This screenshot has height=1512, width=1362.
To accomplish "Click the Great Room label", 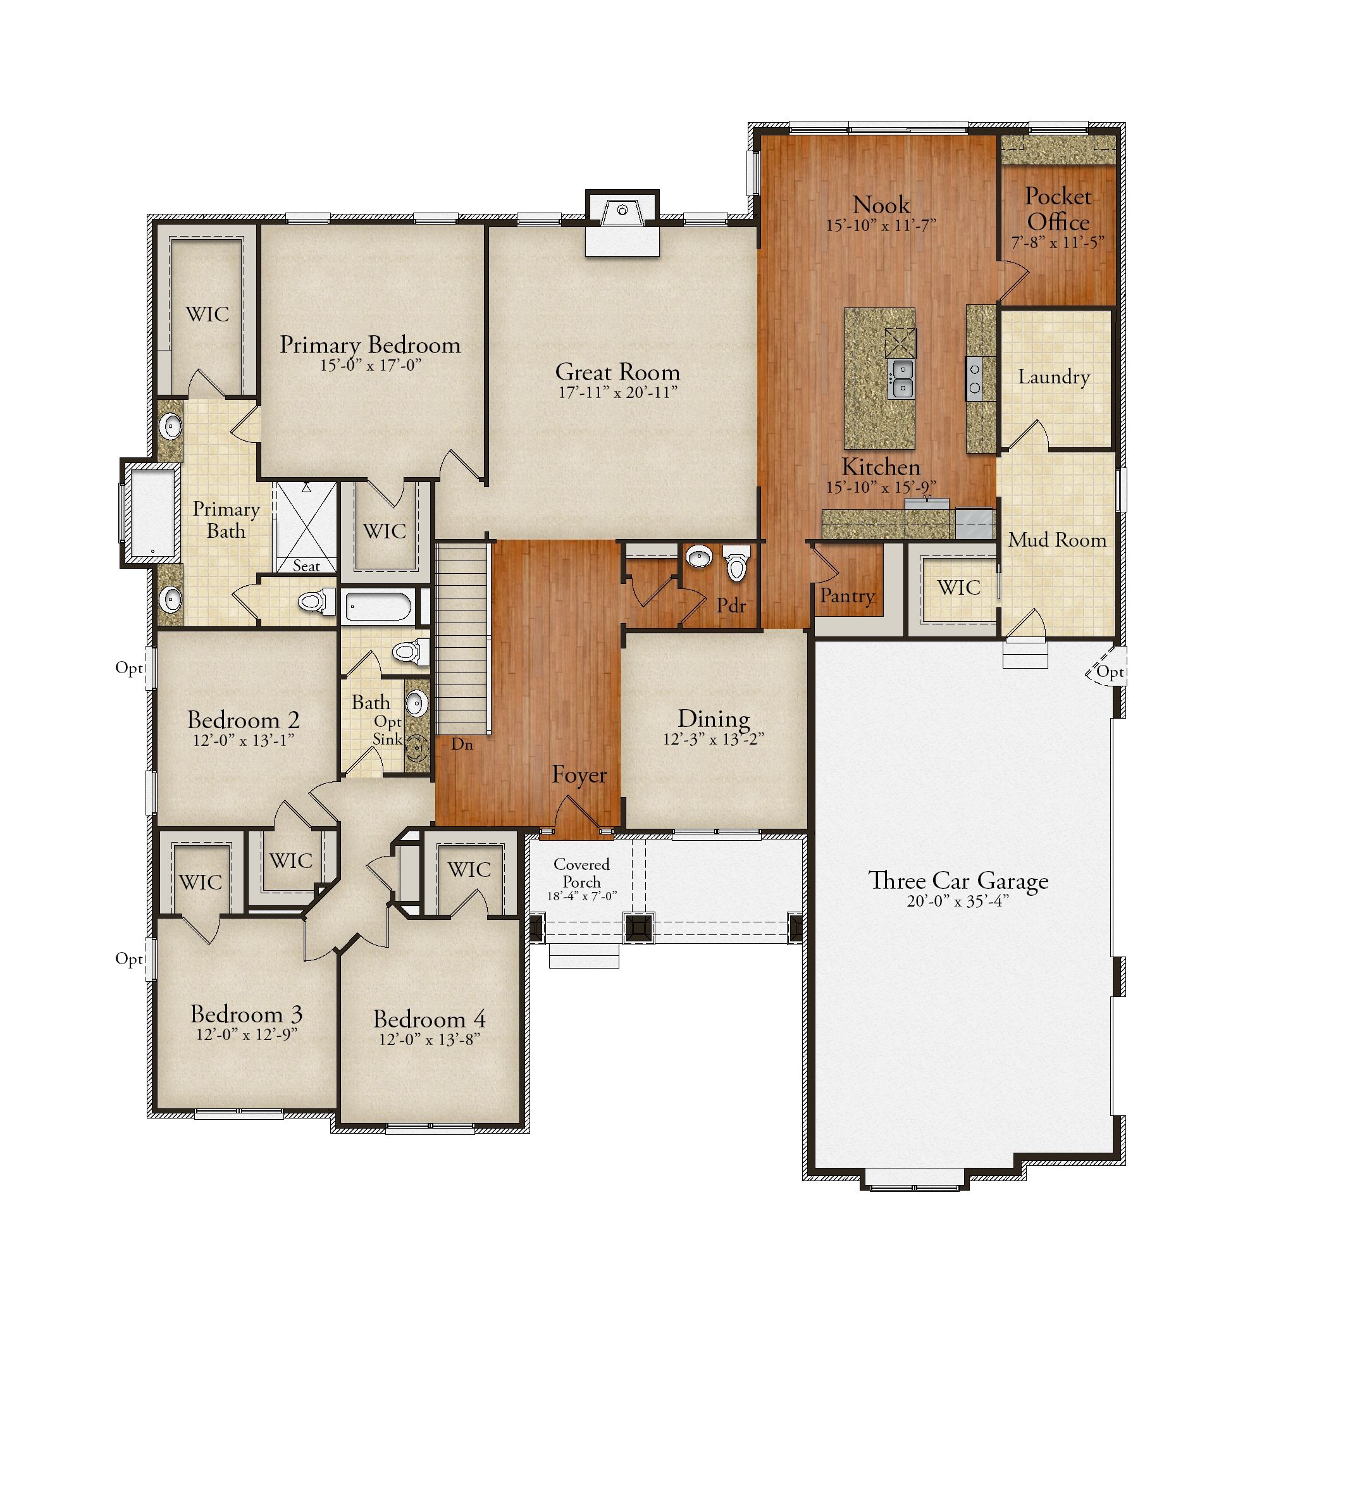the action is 617,372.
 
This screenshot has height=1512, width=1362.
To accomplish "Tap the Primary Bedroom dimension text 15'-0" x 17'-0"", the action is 371,365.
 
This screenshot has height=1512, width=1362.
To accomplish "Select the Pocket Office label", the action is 1058,209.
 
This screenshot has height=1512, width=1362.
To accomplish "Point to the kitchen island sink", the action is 901,379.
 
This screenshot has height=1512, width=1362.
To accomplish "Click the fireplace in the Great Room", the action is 622,224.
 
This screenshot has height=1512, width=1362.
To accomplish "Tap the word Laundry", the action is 1054,377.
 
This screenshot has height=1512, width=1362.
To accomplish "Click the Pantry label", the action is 847,596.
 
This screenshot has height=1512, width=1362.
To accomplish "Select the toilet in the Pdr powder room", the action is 736,562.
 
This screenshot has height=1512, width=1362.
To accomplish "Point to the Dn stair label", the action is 462,744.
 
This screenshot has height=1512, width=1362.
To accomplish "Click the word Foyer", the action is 579,775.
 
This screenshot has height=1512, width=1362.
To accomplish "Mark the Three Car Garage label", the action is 958,881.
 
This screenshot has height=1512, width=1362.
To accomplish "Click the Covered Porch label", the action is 581,873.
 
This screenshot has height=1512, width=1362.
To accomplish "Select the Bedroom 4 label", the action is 429,1019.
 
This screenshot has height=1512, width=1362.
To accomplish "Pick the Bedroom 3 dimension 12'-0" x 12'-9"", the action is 246,1034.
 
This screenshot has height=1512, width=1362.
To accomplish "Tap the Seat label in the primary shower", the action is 306,566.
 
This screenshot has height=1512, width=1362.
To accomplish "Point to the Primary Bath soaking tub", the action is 152,514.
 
